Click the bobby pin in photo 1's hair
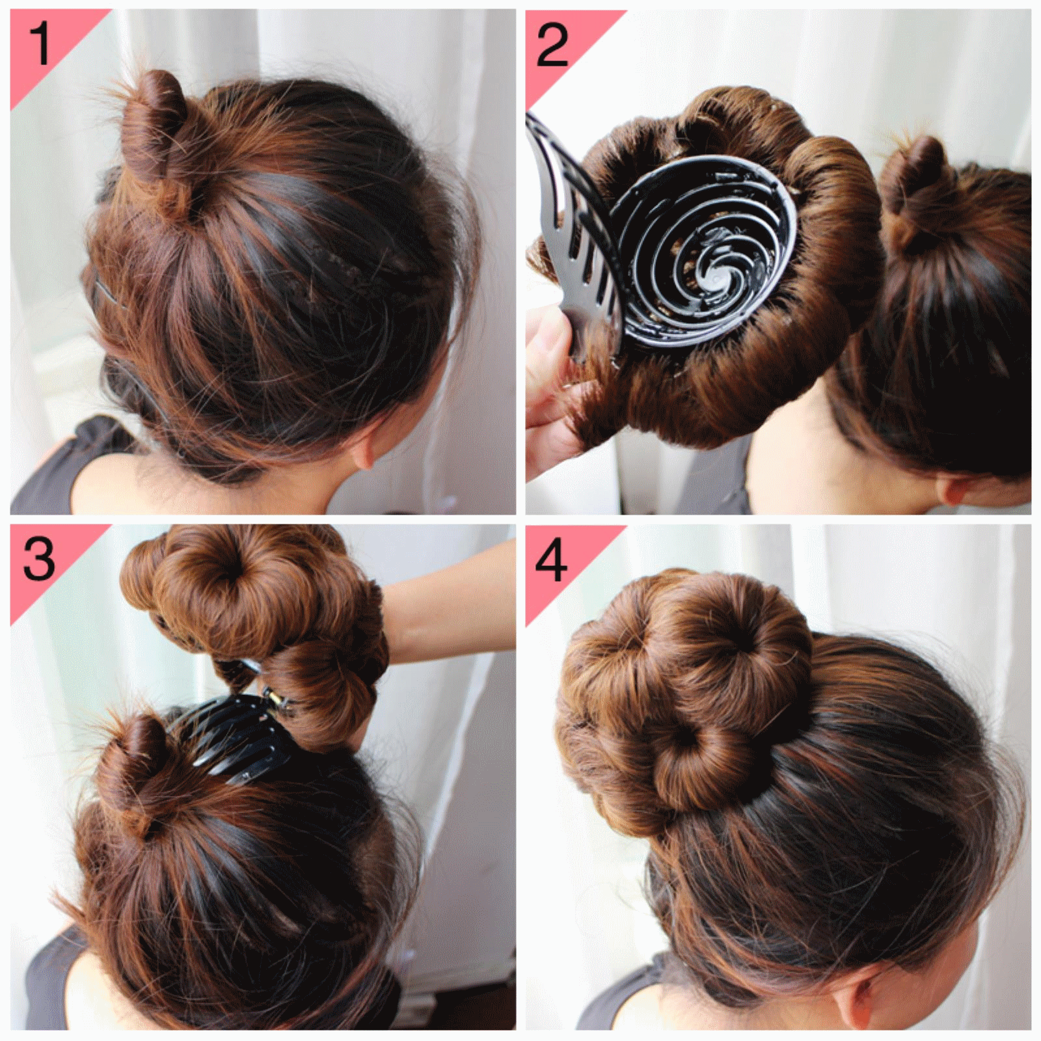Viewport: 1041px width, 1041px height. coord(107,293)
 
